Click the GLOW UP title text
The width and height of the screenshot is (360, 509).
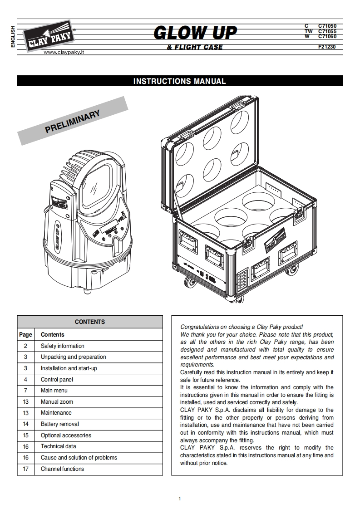195,33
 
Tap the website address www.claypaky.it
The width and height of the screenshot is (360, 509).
64,53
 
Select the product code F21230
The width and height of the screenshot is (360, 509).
327,47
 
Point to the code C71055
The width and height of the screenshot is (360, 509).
327,31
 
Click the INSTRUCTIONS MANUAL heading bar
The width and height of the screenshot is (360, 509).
179,81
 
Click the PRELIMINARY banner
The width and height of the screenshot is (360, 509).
73,121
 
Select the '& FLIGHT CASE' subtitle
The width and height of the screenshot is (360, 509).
195,47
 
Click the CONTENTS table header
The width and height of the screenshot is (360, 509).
90,322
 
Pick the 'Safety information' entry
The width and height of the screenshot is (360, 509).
62,346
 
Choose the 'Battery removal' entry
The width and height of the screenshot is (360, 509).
59,424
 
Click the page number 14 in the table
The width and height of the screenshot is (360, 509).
25,424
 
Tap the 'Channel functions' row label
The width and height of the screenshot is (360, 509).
62,469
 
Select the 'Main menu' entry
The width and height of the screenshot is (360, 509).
53,391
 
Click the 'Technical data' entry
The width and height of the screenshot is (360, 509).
58,446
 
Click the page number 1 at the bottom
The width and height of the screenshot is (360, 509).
180,499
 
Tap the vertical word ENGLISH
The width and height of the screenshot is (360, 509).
13,36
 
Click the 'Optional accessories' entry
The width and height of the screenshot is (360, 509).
66,435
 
